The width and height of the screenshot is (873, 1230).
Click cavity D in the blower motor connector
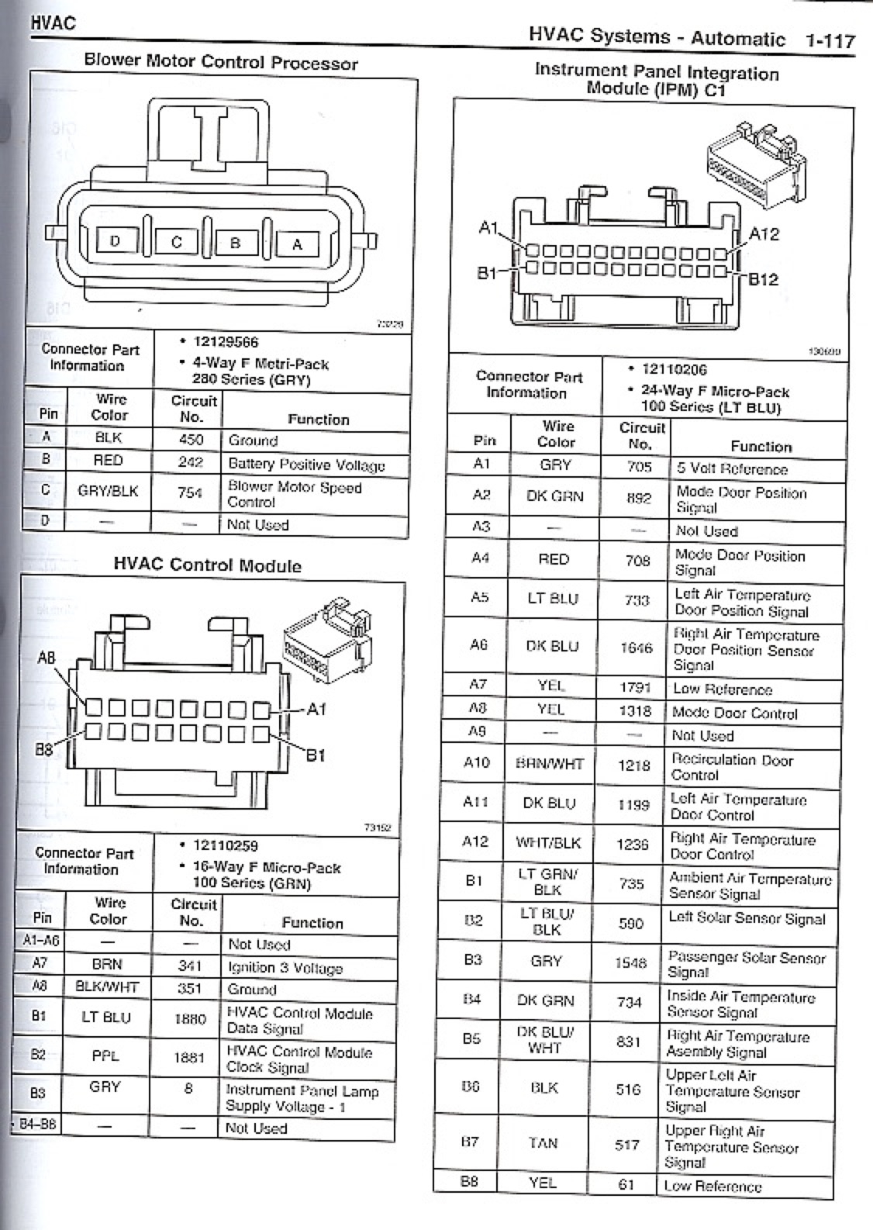tap(116, 241)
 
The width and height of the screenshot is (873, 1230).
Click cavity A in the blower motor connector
tap(297, 244)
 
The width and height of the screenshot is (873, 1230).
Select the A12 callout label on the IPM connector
tap(764, 234)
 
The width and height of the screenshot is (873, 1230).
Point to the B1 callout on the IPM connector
tap(487, 274)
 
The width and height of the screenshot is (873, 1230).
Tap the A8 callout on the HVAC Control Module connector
tap(47, 658)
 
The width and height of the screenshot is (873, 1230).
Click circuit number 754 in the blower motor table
tap(190, 492)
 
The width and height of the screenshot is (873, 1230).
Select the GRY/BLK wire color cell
tap(108, 491)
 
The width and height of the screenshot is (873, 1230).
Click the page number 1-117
tap(829, 40)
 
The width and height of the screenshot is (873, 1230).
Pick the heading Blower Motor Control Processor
tap(221, 62)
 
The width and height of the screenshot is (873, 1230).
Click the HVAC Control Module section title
tap(207, 565)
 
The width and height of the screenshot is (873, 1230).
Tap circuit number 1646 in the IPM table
tap(636, 648)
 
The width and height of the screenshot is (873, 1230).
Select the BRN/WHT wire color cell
tap(549, 763)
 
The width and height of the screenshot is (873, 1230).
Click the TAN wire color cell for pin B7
tap(543, 1142)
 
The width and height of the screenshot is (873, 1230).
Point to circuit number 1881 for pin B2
tap(189, 1057)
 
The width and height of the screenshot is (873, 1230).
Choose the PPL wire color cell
tap(105, 1056)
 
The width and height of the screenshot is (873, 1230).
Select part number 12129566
tap(226, 342)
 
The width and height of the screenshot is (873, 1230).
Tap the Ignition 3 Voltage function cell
tap(285, 968)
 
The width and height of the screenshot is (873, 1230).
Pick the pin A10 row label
tap(476, 762)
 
